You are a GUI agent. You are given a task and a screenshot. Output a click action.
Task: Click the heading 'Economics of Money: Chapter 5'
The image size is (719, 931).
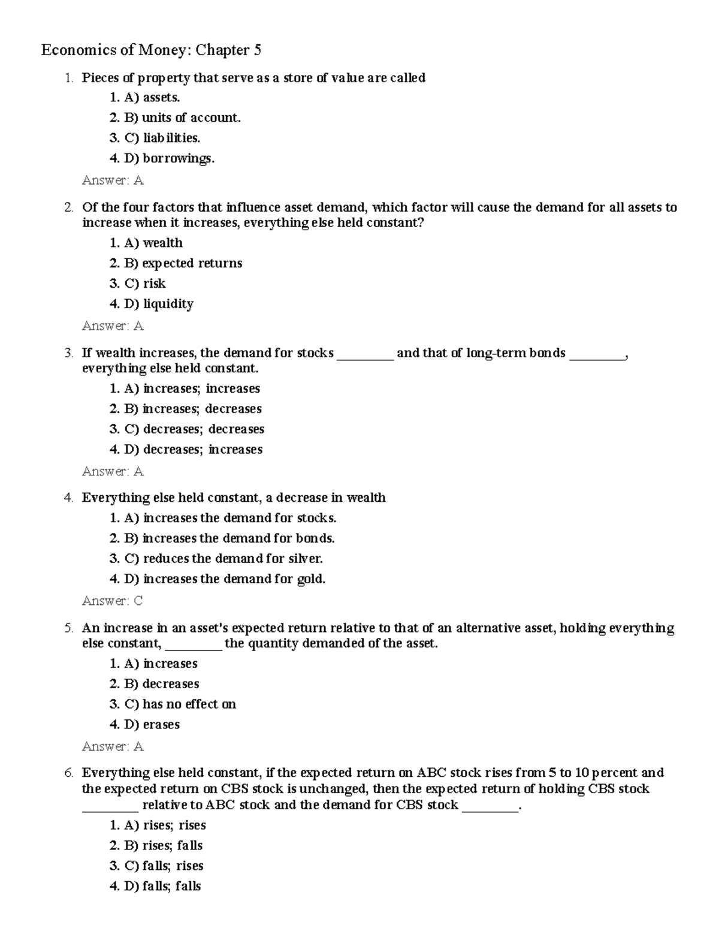pyautogui.click(x=151, y=50)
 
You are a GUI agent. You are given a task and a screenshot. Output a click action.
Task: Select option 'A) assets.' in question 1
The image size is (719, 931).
pyautogui.click(x=152, y=98)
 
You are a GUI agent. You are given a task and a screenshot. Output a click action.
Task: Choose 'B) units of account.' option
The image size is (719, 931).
pyautogui.click(x=182, y=118)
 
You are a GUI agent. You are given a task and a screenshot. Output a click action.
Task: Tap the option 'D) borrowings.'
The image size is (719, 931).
pyautogui.click(x=169, y=159)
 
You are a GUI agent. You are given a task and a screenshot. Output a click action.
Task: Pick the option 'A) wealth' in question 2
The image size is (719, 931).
pyautogui.click(x=153, y=243)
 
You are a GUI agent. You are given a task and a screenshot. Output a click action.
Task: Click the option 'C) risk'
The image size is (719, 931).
pyautogui.click(x=144, y=284)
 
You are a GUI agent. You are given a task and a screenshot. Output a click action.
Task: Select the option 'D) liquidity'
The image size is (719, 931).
pyautogui.click(x=158, y=304)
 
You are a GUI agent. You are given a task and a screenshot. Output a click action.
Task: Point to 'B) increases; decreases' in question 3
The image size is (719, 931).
pyautogui.click(x=192, y=409)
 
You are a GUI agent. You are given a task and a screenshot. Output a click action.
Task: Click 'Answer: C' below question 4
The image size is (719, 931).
pyautogui.click(x=113, y=601)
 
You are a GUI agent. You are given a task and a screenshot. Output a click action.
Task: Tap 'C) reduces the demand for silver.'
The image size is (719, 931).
pyautogui.click(x=223, y=559)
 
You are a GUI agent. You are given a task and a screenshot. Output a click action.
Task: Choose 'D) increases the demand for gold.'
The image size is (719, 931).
pyautogui.click(x=224, y=579)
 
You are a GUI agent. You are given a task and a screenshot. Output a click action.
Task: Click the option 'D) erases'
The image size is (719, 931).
pyautogui.click(x=152, y=725)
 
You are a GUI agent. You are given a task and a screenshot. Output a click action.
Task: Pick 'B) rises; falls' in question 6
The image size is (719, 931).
pyautogui.click(x=163, y=846)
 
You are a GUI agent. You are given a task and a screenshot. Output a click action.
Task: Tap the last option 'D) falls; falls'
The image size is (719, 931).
pyautogui.click(x=162, y=887)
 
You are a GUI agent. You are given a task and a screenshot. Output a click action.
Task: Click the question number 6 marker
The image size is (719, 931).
pyautogui.click(x=69, y=773)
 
